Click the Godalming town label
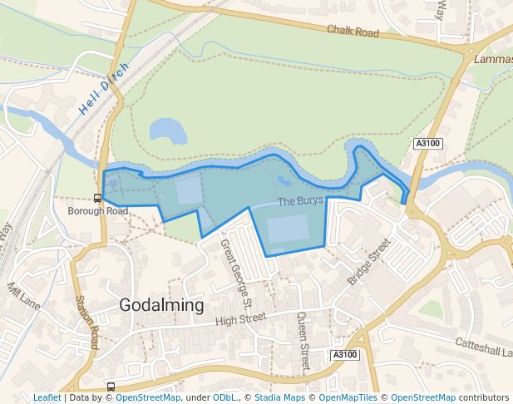point(161,305)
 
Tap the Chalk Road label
point(353,32)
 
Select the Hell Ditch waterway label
point(105,88)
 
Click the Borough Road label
point(98,211)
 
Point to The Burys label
point(299,201)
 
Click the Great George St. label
point(236,270)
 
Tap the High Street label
point(240,318)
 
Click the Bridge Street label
point(368,262)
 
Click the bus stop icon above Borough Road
point(98,198)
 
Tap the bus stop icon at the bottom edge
point(111,387)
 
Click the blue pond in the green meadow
point(167,130)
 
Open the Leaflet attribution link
point(47,398)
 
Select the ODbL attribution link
point(225,398)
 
